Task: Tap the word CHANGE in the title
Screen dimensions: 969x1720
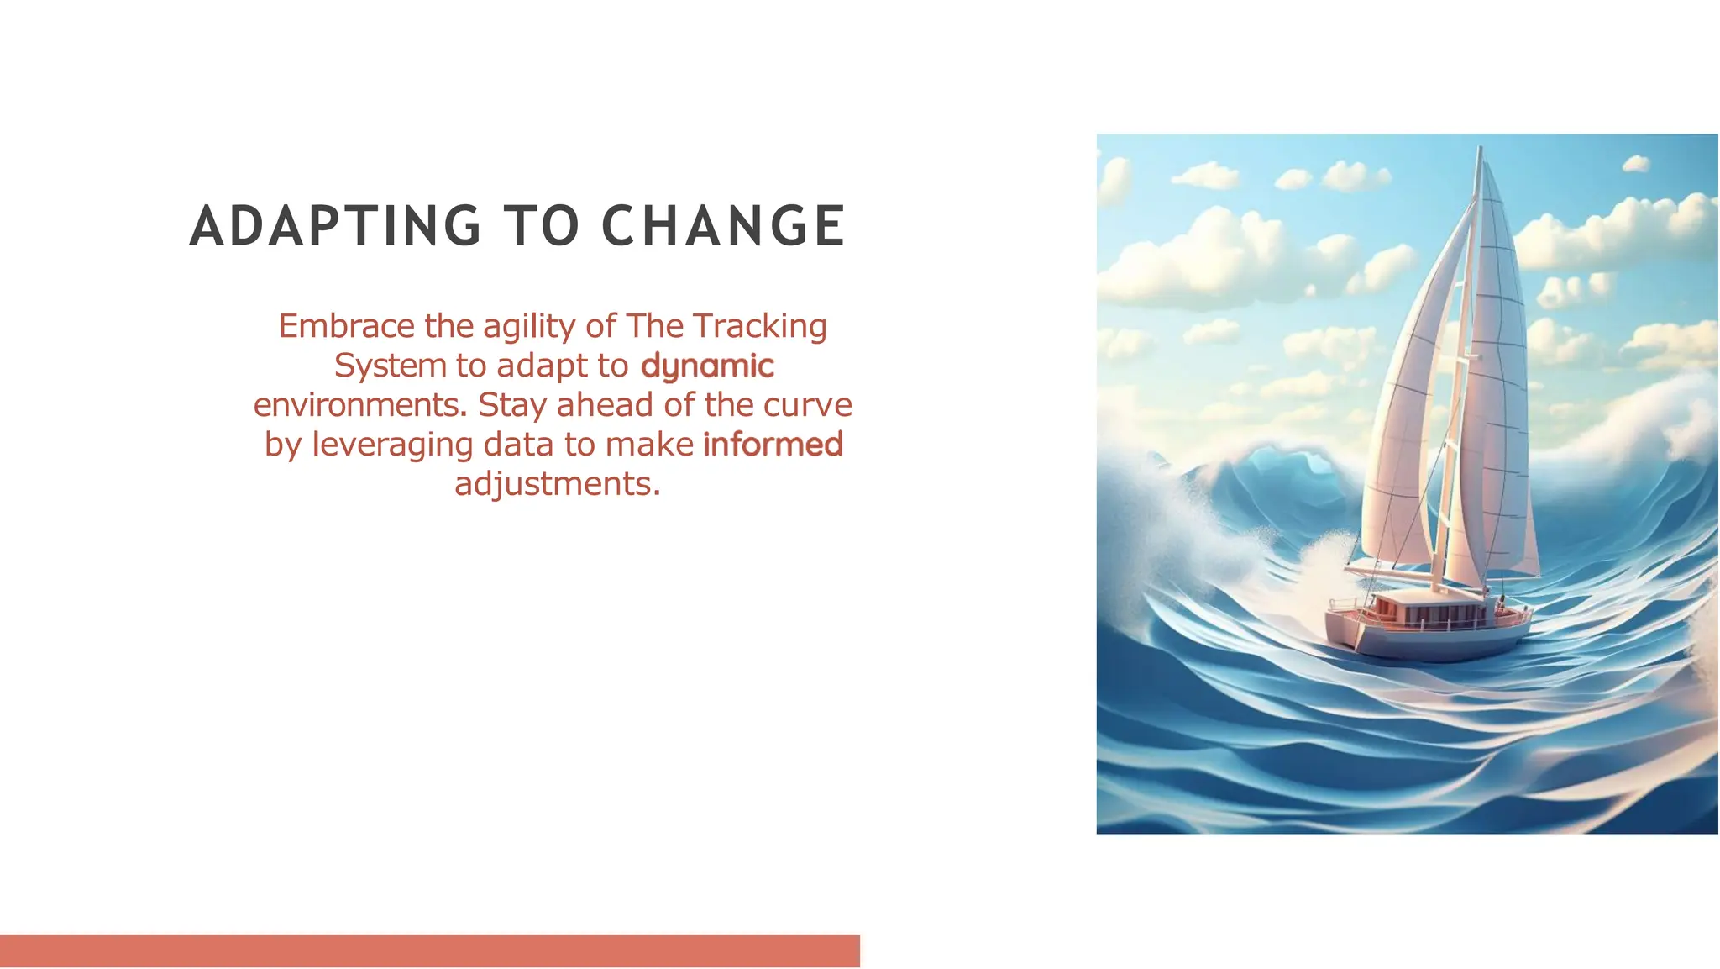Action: click(x=723, y=226)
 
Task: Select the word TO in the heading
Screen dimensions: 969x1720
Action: click(x=542, y=226)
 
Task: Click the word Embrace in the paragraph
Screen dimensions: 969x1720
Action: click(x=346, y=326)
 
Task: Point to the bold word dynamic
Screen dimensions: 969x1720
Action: click(x=707, y=366)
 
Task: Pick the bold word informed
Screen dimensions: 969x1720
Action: click(x=773, y=445)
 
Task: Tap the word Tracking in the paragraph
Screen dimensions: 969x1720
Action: click(x=760, y=326)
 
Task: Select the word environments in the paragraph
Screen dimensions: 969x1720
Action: click(x=359, y=405)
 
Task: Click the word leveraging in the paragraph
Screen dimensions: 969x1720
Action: click(x=392, y=445)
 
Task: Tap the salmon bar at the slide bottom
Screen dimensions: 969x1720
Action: click(x=429, y=951)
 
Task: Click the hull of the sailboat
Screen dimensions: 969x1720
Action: click(x=1428, y=642)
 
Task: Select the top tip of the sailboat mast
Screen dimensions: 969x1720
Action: click(x=1479, y=149)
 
